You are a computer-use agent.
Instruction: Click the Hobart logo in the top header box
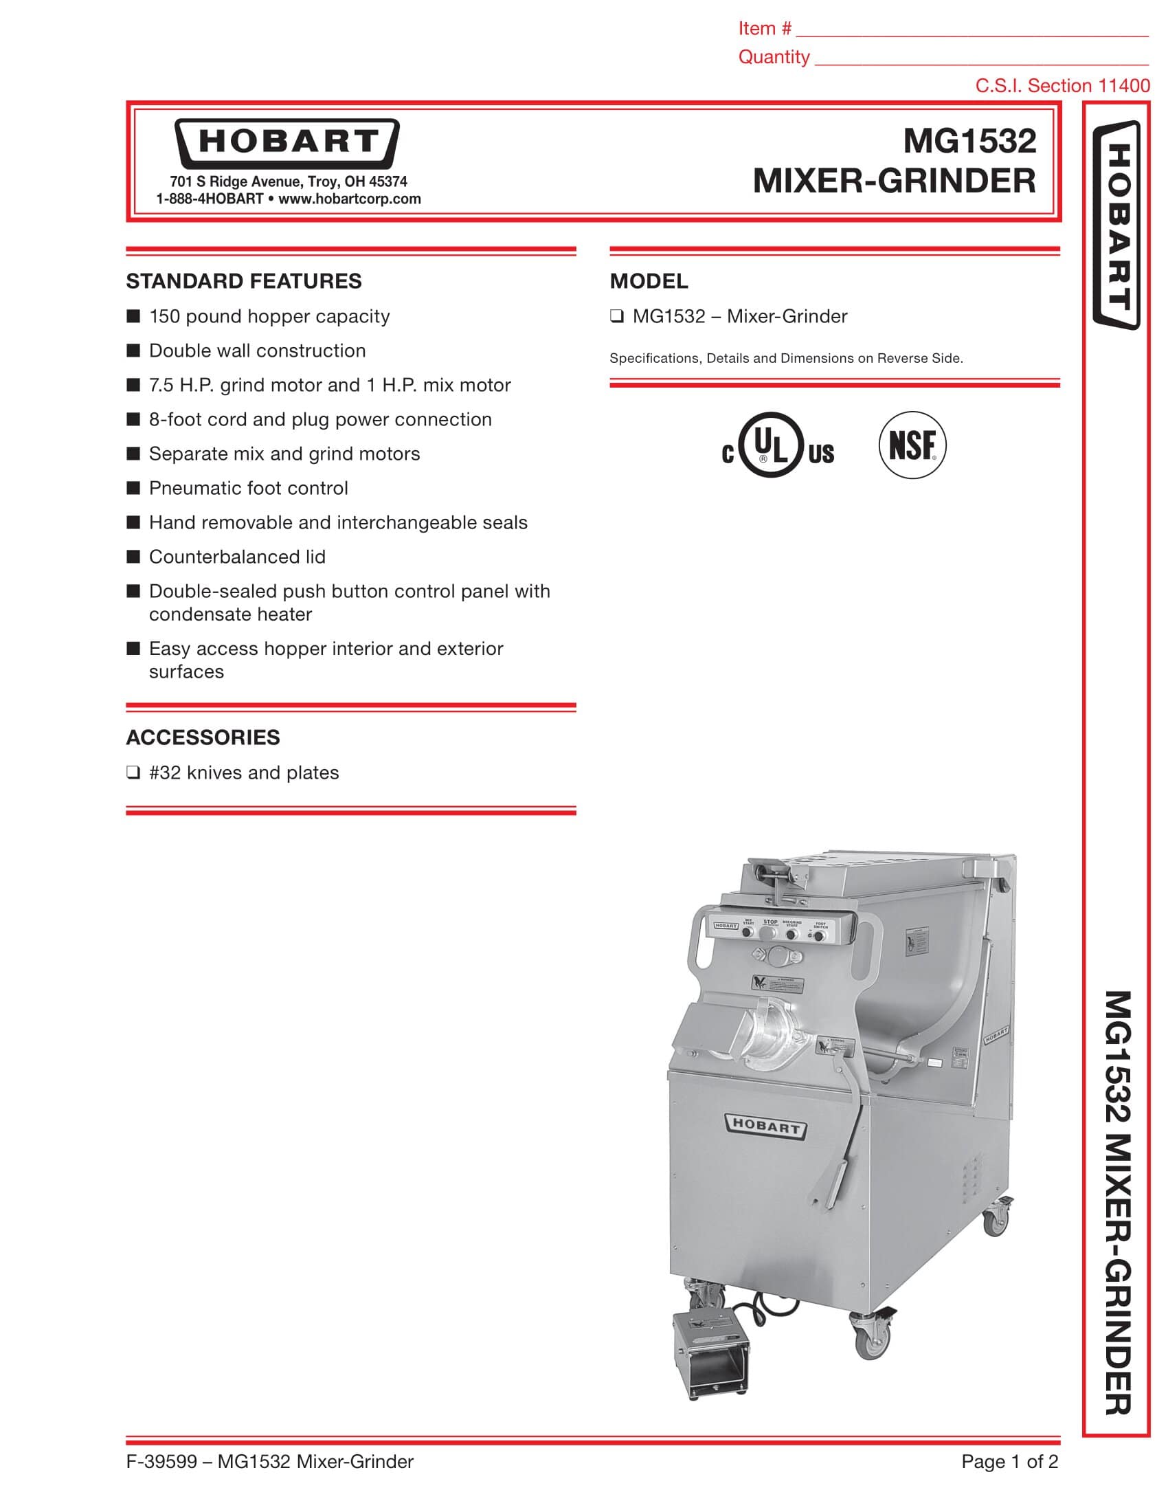[287, 143]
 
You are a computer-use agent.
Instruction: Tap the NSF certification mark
[912, 445]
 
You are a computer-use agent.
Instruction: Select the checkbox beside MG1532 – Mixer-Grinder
[616, 317]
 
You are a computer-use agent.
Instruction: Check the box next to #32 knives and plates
[133, 772]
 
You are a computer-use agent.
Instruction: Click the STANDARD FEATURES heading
[244, 281]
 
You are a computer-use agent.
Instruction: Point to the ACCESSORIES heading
[203, 737]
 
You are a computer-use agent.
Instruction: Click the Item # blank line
[972, 32]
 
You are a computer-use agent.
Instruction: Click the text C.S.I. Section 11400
[1062, 86]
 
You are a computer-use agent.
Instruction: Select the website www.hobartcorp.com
[350, 199]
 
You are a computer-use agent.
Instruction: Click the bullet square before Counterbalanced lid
[133, 557]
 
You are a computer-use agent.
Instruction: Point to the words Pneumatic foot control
[249, 488]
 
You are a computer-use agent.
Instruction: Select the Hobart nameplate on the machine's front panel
[765, 1126]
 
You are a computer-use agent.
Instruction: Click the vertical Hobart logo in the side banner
[1116, 225]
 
